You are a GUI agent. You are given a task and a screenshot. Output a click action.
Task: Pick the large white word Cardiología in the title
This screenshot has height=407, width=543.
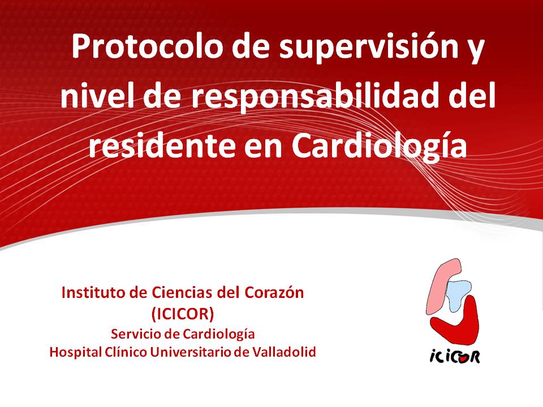click(x=379, y=147)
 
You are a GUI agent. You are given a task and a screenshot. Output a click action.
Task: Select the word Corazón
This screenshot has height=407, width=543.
click(x=274, y=293)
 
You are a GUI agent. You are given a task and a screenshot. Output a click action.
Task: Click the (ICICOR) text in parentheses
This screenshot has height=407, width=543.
click(x=183, y=314)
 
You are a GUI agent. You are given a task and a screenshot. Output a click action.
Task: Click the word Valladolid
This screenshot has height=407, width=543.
click(x=285, y=352)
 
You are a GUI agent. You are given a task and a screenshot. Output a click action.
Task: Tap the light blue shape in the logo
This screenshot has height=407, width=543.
click(x=457, y=294)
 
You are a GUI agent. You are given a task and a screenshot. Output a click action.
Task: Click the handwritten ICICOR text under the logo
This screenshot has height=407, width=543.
click(x=455, y=356)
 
